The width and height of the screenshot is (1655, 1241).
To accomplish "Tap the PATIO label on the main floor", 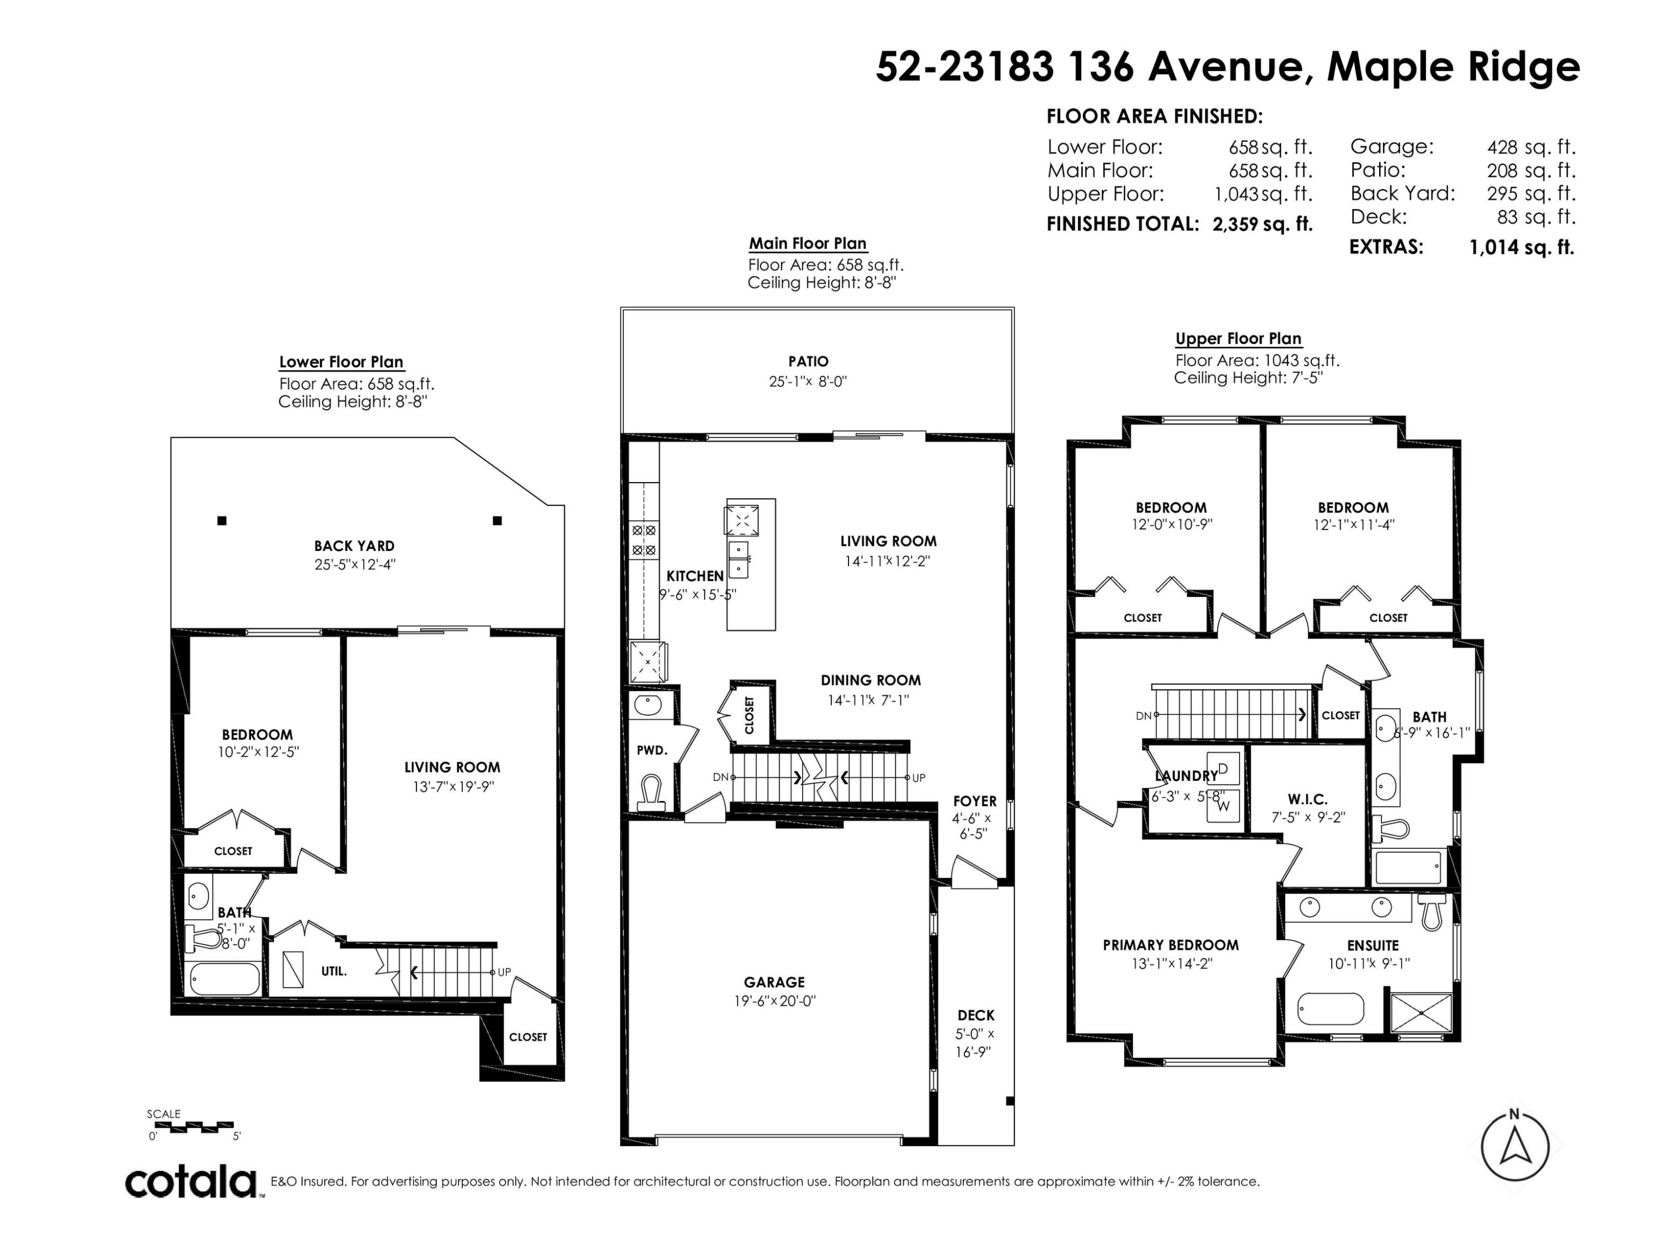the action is pos(808,361).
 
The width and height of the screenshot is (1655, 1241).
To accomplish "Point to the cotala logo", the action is pos(191,1183).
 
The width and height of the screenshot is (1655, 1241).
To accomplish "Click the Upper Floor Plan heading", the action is pos(1238,338).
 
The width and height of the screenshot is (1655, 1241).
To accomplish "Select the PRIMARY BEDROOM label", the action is pos(1170,945).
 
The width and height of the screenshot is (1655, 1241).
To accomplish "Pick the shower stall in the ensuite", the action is pos(1421,1014).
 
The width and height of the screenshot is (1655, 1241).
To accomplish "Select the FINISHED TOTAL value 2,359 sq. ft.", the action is pos(1262,224).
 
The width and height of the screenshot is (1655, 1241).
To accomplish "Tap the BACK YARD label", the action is pos(354,546).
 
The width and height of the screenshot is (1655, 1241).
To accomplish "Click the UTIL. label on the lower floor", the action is pos(334,971).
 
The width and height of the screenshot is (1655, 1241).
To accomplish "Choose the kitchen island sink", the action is pos(739,559).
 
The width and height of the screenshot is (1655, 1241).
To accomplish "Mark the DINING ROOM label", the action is pos(871,680).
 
